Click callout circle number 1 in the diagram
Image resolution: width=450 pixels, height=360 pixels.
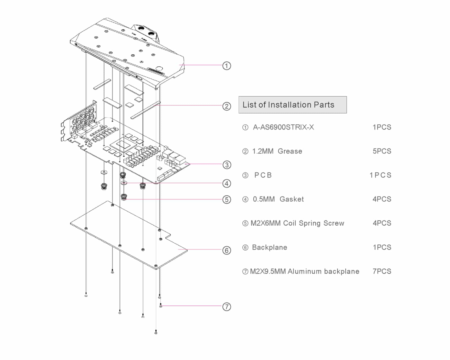pyautogui.click(x=227, y=66)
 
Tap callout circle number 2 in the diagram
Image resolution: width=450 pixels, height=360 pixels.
pyautogui.click(x=227, y=106)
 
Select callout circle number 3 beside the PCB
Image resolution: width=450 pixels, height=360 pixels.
pyautogui.click(x=227, y=165)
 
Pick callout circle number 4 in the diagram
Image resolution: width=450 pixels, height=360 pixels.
pyautogui.click(x=227, y=184)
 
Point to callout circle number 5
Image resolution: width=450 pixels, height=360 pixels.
pyautogui.click(x=227, y=200)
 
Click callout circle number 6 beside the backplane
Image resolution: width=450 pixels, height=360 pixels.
pyautogui.click(x=227, y=250)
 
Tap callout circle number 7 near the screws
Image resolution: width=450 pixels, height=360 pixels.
pyautogui.click(x=227, y=307)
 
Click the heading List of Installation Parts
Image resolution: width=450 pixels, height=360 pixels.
pyautogui.click(x=288, y=105)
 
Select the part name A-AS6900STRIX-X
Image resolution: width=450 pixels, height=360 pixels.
pyautogui.click(x=283, y=127)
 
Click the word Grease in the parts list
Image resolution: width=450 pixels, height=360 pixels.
pyautogui.click(x=290, y=151)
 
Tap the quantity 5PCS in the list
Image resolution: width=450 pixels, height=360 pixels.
pyautogui.click(x=382, y=151)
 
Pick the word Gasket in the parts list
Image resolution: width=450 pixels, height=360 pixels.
pyautogui.click(x=292, y=199)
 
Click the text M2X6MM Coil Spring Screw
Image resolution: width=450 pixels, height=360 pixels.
pyautogui.click(x=297, y=223)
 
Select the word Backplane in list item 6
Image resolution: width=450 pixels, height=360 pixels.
pyautogui.click(x=269, y=247)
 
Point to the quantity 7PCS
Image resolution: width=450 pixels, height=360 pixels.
pyautogui.click(x=382, y=271)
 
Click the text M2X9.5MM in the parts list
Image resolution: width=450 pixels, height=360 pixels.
pyautogui.click(x=268, y=271)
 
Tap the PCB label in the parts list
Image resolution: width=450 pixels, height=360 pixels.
pyautogui.click(x=263, y=175)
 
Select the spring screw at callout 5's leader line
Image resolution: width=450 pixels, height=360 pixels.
pyautogui.click(x=124, y=197)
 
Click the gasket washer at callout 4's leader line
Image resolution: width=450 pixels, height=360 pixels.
pyautogui.click(x=124, y=183)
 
